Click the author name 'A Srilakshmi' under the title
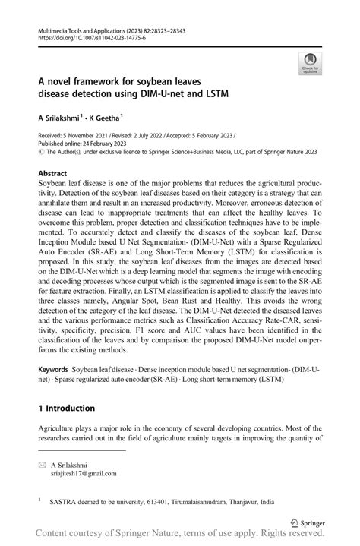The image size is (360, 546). click(60, 119)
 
